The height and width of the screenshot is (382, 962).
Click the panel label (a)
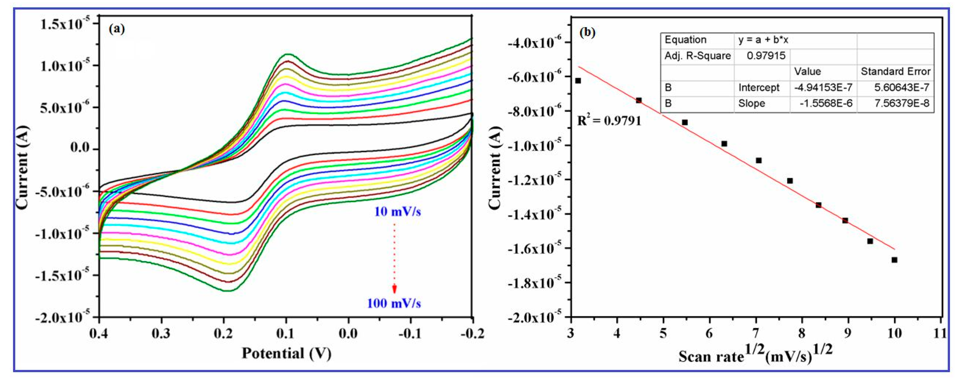(x=116, y=29)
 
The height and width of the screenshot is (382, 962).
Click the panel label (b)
(x=587, y=33)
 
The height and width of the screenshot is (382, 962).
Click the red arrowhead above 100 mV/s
(x=394, y=289)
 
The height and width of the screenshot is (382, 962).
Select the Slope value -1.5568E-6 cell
(x=826, y=103)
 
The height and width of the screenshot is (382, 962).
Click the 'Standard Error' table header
(x=895, y=72)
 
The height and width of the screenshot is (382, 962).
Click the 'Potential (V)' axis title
(x=286, y=353)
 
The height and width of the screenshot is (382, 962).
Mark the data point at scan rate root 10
(x=894, y=260)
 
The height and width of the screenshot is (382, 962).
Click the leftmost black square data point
(x=578, y=81)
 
